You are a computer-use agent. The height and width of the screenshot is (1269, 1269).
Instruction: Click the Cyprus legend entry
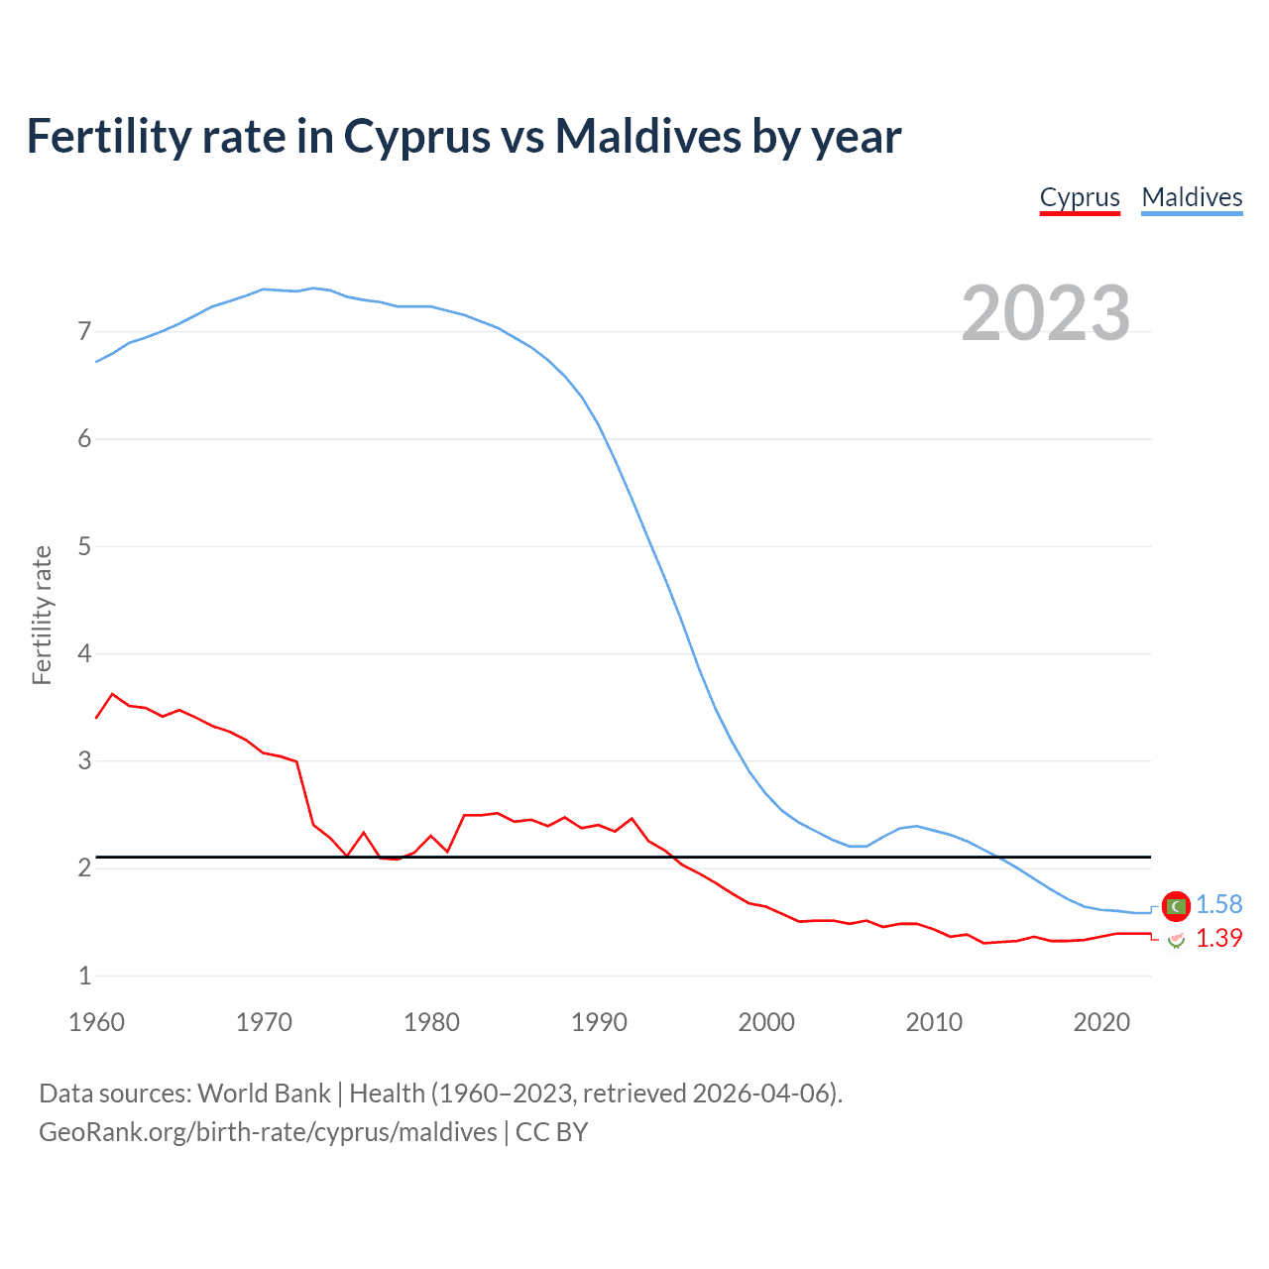[x=1080, y=197]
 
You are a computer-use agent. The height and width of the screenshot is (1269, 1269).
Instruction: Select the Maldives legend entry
[x=1192, y=197]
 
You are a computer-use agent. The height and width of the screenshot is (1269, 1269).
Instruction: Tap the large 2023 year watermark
[x=1045, y=313]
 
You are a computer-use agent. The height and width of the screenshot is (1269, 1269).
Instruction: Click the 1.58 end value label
[x=1218, y=904]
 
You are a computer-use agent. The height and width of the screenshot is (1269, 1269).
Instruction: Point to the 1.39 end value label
[x=1218, y=938]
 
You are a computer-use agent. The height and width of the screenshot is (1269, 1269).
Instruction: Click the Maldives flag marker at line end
[x=1176, y=905]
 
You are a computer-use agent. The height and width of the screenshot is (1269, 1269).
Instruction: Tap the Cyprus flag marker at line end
[x=1176, y=940]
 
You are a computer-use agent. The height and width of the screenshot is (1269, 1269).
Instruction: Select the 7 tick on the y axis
[x=84, y=331]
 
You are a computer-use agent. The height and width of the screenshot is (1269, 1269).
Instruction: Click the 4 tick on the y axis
[x=84, y=653]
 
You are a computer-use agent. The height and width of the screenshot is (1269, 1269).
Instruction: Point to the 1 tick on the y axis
[x=84, y=976]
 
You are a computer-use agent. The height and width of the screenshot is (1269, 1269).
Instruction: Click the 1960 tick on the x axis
[x=96, y=1022]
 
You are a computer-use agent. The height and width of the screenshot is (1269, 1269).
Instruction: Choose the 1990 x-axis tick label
[x=599, y=1022]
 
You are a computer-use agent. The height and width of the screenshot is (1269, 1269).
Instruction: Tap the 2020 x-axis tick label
[x=1101, y=1022]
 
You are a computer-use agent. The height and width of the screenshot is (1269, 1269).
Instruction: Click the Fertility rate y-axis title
[x=42, y=615]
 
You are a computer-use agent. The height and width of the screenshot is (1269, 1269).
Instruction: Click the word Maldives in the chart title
[x=647, y=136]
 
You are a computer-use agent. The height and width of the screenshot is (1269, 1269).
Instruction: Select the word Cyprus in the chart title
[x=417, y=136]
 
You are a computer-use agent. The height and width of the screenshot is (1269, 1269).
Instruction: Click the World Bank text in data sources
[x=264, y=1094]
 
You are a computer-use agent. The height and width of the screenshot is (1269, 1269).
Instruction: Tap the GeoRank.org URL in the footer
[x=268, y=1132]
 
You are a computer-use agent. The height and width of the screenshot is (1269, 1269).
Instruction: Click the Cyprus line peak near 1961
[x=112, y=694]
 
